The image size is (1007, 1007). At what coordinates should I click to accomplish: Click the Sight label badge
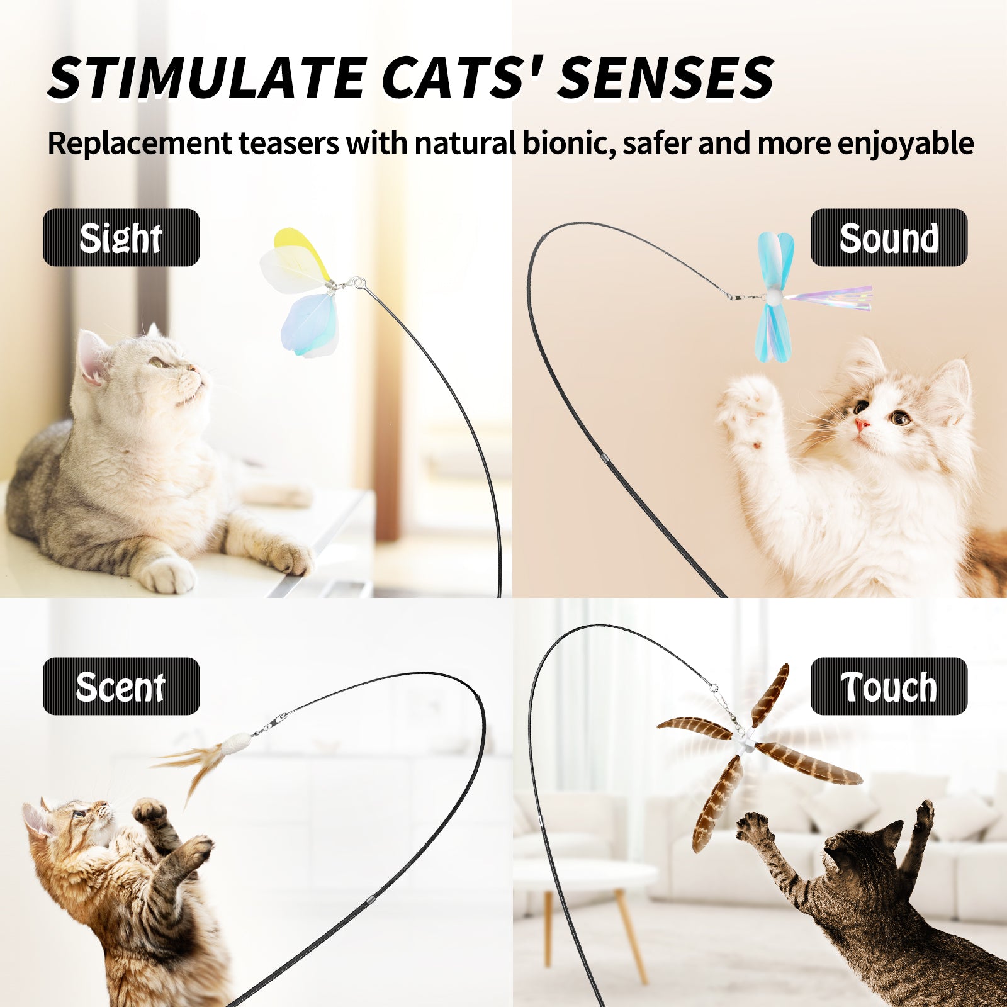121,237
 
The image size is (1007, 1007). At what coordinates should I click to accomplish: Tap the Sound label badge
888,237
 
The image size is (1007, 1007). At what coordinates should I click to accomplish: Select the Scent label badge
121,686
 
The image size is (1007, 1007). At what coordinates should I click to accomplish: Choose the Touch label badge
888,686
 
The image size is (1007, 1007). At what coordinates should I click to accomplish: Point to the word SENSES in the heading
665,77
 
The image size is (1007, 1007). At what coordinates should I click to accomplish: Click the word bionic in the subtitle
568,143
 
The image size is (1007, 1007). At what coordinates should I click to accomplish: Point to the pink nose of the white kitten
861,424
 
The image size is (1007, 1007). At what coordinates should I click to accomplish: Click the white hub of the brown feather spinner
746,743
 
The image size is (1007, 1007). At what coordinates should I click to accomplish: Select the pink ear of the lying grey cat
91,357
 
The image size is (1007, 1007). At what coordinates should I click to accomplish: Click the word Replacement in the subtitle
140,144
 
